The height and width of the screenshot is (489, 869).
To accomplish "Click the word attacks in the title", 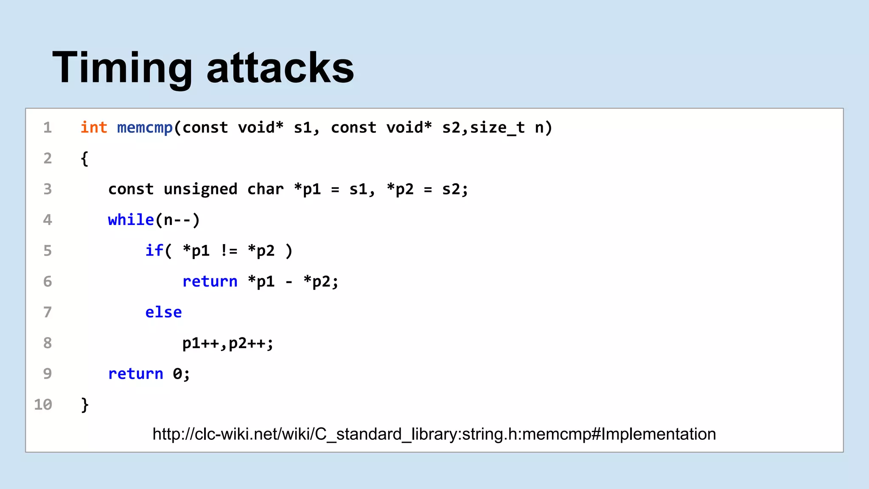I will (x=280, y=68).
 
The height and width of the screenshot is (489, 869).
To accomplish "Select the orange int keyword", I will (x=94, y=127).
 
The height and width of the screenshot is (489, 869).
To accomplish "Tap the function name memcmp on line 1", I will (x=145, y=127).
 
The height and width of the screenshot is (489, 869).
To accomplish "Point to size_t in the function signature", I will (x=497, y=127).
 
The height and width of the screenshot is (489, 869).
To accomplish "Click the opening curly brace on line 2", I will (x=84, y=159).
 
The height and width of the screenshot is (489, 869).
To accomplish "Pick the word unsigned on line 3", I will (x=200, y=189).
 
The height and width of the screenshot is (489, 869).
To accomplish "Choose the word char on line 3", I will (x=265, y=189).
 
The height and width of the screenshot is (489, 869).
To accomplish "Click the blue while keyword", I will (x=131, y=220).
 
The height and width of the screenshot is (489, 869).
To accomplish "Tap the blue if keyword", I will (x=154, y=250).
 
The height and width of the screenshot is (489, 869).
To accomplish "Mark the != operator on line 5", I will (x=229, y=250).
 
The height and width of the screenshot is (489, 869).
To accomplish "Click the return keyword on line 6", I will (x=210, y=281).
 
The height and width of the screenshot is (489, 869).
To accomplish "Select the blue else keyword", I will (x=163, y=312).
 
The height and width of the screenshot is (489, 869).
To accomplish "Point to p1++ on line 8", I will (x=200, y=343).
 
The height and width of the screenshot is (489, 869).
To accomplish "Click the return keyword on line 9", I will (x=135, y=374).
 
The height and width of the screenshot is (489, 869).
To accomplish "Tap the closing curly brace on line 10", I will (x=84, y=405).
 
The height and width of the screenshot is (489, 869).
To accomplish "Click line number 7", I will (x=48, y=312).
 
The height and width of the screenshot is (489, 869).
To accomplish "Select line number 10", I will (x=43, y=405).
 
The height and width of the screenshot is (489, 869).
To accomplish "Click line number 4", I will (x=48, y=220).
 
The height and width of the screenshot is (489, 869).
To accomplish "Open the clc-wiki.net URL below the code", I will (x=434, y=434).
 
